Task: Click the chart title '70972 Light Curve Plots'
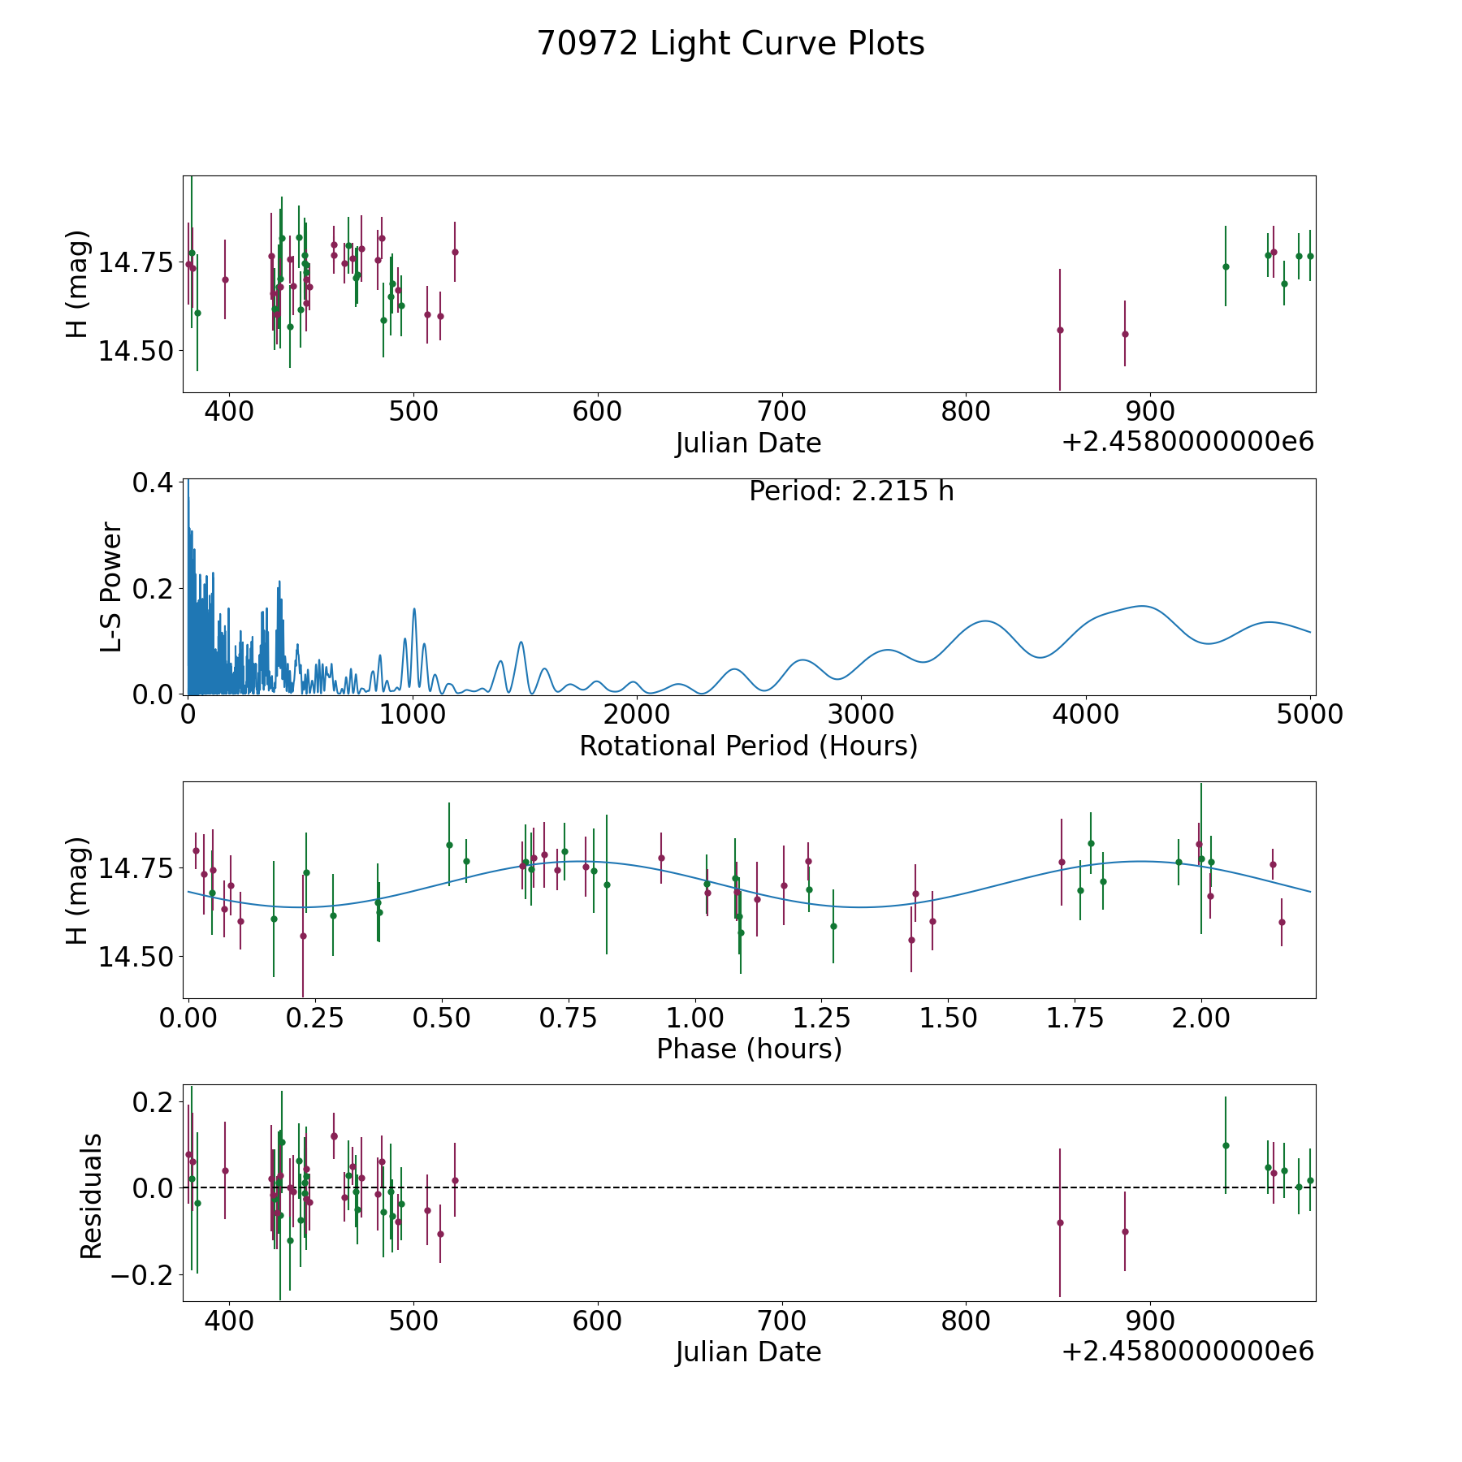click(x=730, y=44)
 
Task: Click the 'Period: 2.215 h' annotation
click(x=851, y=491)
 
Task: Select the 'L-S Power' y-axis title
click(x=112, y=587)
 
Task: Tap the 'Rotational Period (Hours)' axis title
click(x=748, y=746)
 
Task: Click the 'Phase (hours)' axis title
click(x=749, y=1049)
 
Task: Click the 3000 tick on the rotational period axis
click(x=862, y=715)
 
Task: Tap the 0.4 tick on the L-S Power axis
click(x=153, y=482)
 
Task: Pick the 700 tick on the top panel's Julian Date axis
click(x=781, y=411)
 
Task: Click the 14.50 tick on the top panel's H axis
click(x=136, y=352)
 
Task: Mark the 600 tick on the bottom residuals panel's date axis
click(x=597, y=1321)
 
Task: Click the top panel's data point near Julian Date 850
click(x=1060, y=330)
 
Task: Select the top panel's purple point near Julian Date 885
click(x=1125, y=334)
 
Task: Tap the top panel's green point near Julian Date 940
click(x=1226, y=266)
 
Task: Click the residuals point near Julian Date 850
click(x=1060, y=1222)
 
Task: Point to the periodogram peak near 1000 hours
click(x=413, y=609)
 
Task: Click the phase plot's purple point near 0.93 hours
click(x=661, y=858)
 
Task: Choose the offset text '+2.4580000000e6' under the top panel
click(x=1187, y=443)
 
